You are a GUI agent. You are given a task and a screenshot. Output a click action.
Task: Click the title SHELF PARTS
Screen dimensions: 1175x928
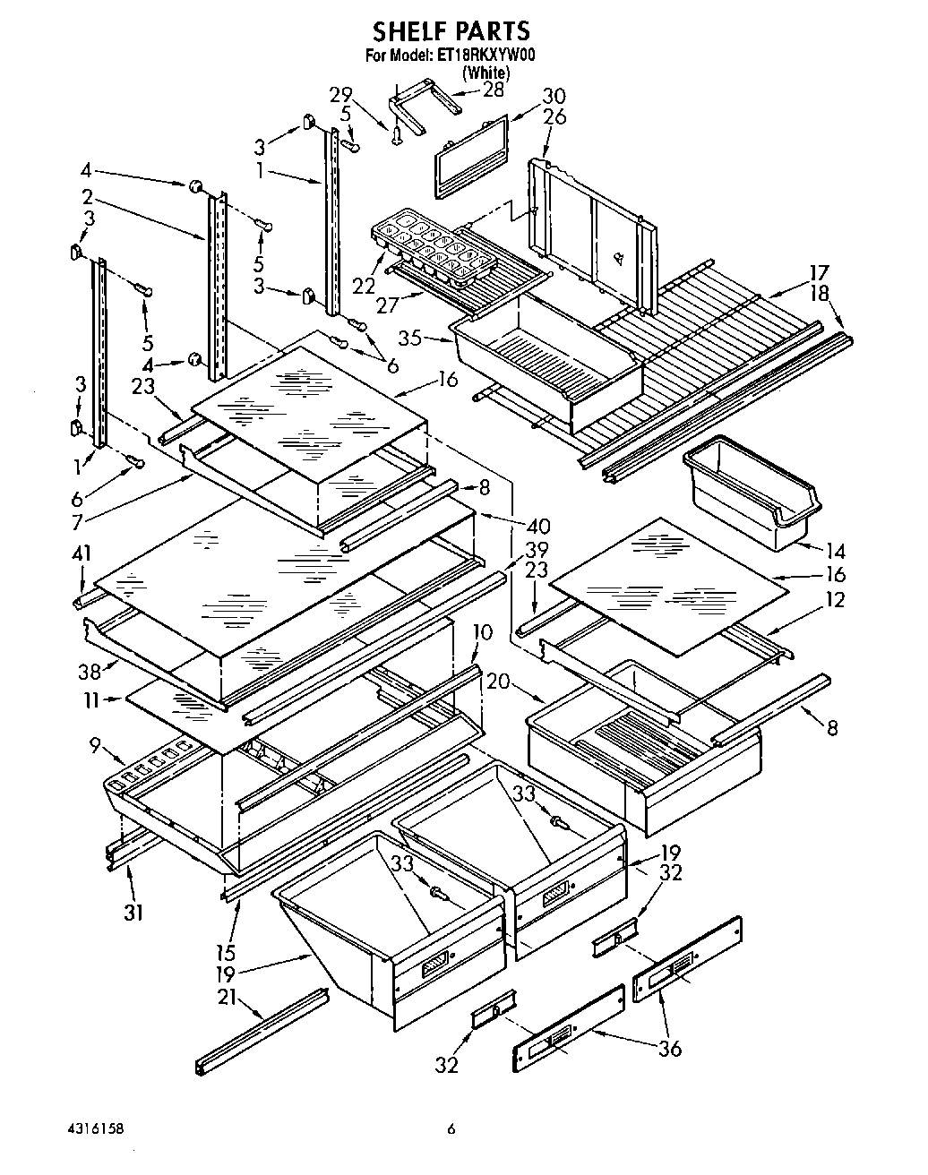pos(451,32)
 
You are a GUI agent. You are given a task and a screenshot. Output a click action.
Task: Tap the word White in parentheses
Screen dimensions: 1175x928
pos(485,73)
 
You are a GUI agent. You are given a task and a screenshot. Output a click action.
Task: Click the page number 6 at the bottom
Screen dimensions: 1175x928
pos(452,1130)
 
